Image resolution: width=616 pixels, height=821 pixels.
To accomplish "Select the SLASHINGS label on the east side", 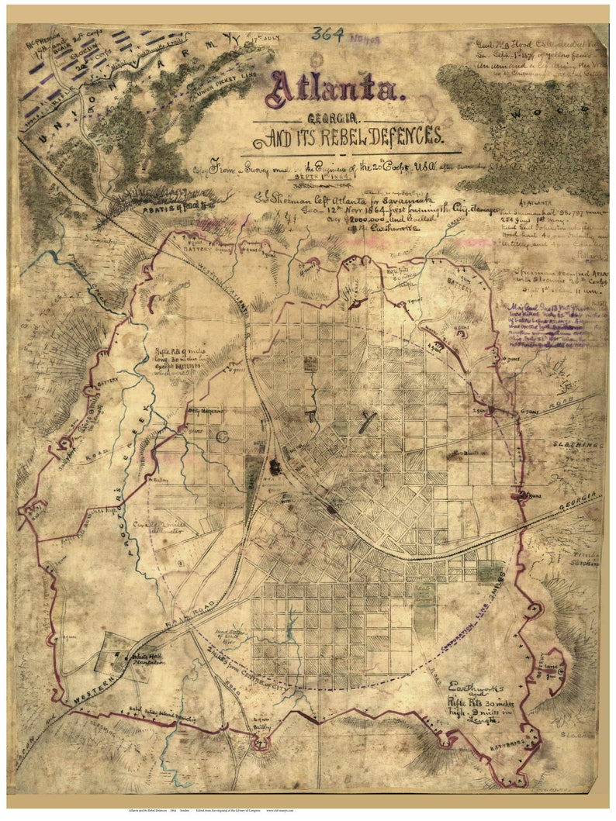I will point(576,446).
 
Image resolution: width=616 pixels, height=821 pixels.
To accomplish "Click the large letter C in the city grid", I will point(223,437).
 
